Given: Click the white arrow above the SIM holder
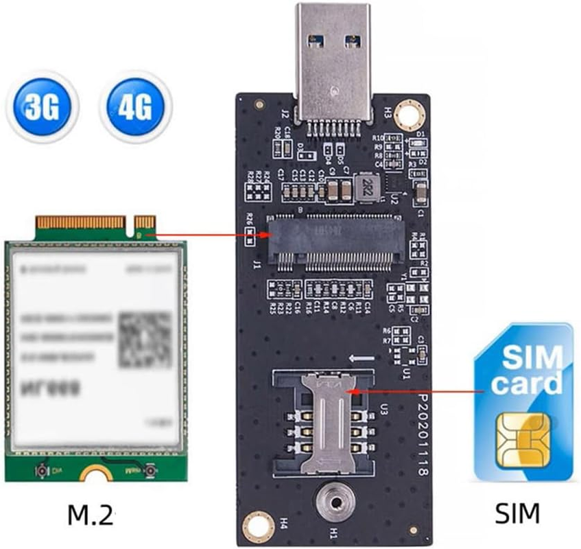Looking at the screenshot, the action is pos(361,358).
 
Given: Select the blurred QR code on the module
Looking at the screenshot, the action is pos(145,338).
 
